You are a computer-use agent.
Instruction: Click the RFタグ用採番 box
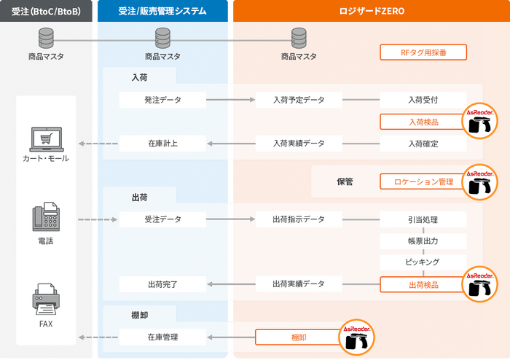click(423, 52)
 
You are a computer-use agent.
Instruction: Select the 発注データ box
click(162, 100)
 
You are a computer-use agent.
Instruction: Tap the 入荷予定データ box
click(299, 100)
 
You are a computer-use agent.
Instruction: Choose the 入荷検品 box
click(423, 122)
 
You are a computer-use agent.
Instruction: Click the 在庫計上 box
click(162, 144)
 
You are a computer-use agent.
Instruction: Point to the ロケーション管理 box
click(423, 181)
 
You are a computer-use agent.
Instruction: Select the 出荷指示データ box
click(299, 219)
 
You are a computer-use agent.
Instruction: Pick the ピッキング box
click(423, 262)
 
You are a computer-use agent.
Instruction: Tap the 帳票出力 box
click(423, 241)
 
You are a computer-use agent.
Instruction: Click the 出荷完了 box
click(162, 284)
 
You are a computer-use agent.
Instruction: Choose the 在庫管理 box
click(162, 337)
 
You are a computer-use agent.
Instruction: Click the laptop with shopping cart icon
click(47, 139)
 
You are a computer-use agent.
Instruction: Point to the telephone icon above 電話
click(46, 216)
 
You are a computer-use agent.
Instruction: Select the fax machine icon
click(46, 299)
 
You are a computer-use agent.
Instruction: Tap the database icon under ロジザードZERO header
click(299, 38)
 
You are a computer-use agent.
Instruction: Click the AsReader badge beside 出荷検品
click(479, 284)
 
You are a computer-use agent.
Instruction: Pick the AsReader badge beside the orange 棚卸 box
click(356, 337)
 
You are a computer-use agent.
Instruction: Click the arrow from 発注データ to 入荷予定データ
click(231, 100)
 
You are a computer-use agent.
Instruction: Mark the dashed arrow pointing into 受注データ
click(98, 219)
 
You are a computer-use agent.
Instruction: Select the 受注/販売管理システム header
click(162, 11)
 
